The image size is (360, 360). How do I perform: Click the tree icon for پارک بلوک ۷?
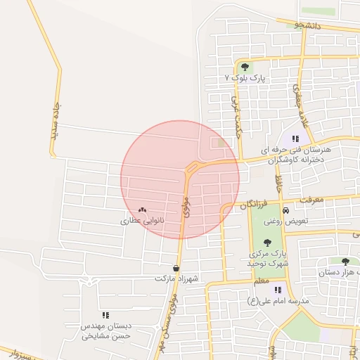[x=245, y=67]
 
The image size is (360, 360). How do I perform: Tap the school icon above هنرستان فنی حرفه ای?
[x=296, y=139]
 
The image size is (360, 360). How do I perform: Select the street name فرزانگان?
[x=254, y=205]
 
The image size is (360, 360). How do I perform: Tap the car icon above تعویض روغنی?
[x=285, y=211]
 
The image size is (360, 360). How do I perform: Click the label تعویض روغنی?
[x=283, y=221]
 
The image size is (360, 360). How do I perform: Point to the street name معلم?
[x=261, y=281]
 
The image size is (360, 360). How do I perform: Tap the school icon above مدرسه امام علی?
[x=278, y=290]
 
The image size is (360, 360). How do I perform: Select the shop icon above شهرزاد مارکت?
[x=176, y=269]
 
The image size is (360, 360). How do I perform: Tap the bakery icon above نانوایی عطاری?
[x=143, y=210]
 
